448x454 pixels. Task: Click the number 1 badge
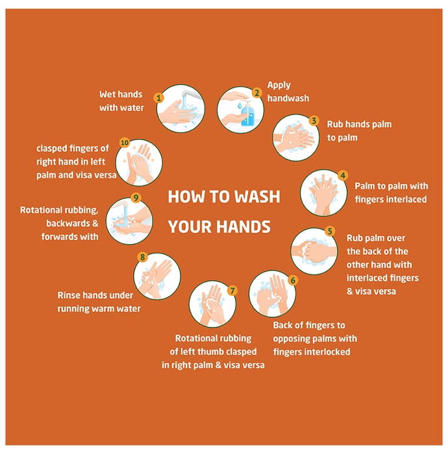tap(158, 98)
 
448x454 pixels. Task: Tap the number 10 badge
tap(125, 143)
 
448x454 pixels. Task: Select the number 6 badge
tap(293, 280)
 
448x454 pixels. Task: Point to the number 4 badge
tap(343, 175)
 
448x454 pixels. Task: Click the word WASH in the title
tap(257, 197)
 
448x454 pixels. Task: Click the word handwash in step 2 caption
tap(288, 99)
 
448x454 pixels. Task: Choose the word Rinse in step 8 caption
tap(69, 295)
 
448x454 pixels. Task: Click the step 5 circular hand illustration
tap(314, 251)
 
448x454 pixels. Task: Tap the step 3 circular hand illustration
tap(296, 137)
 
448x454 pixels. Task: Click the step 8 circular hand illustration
tap(157, 276)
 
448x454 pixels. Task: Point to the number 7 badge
tap(232, 291)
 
